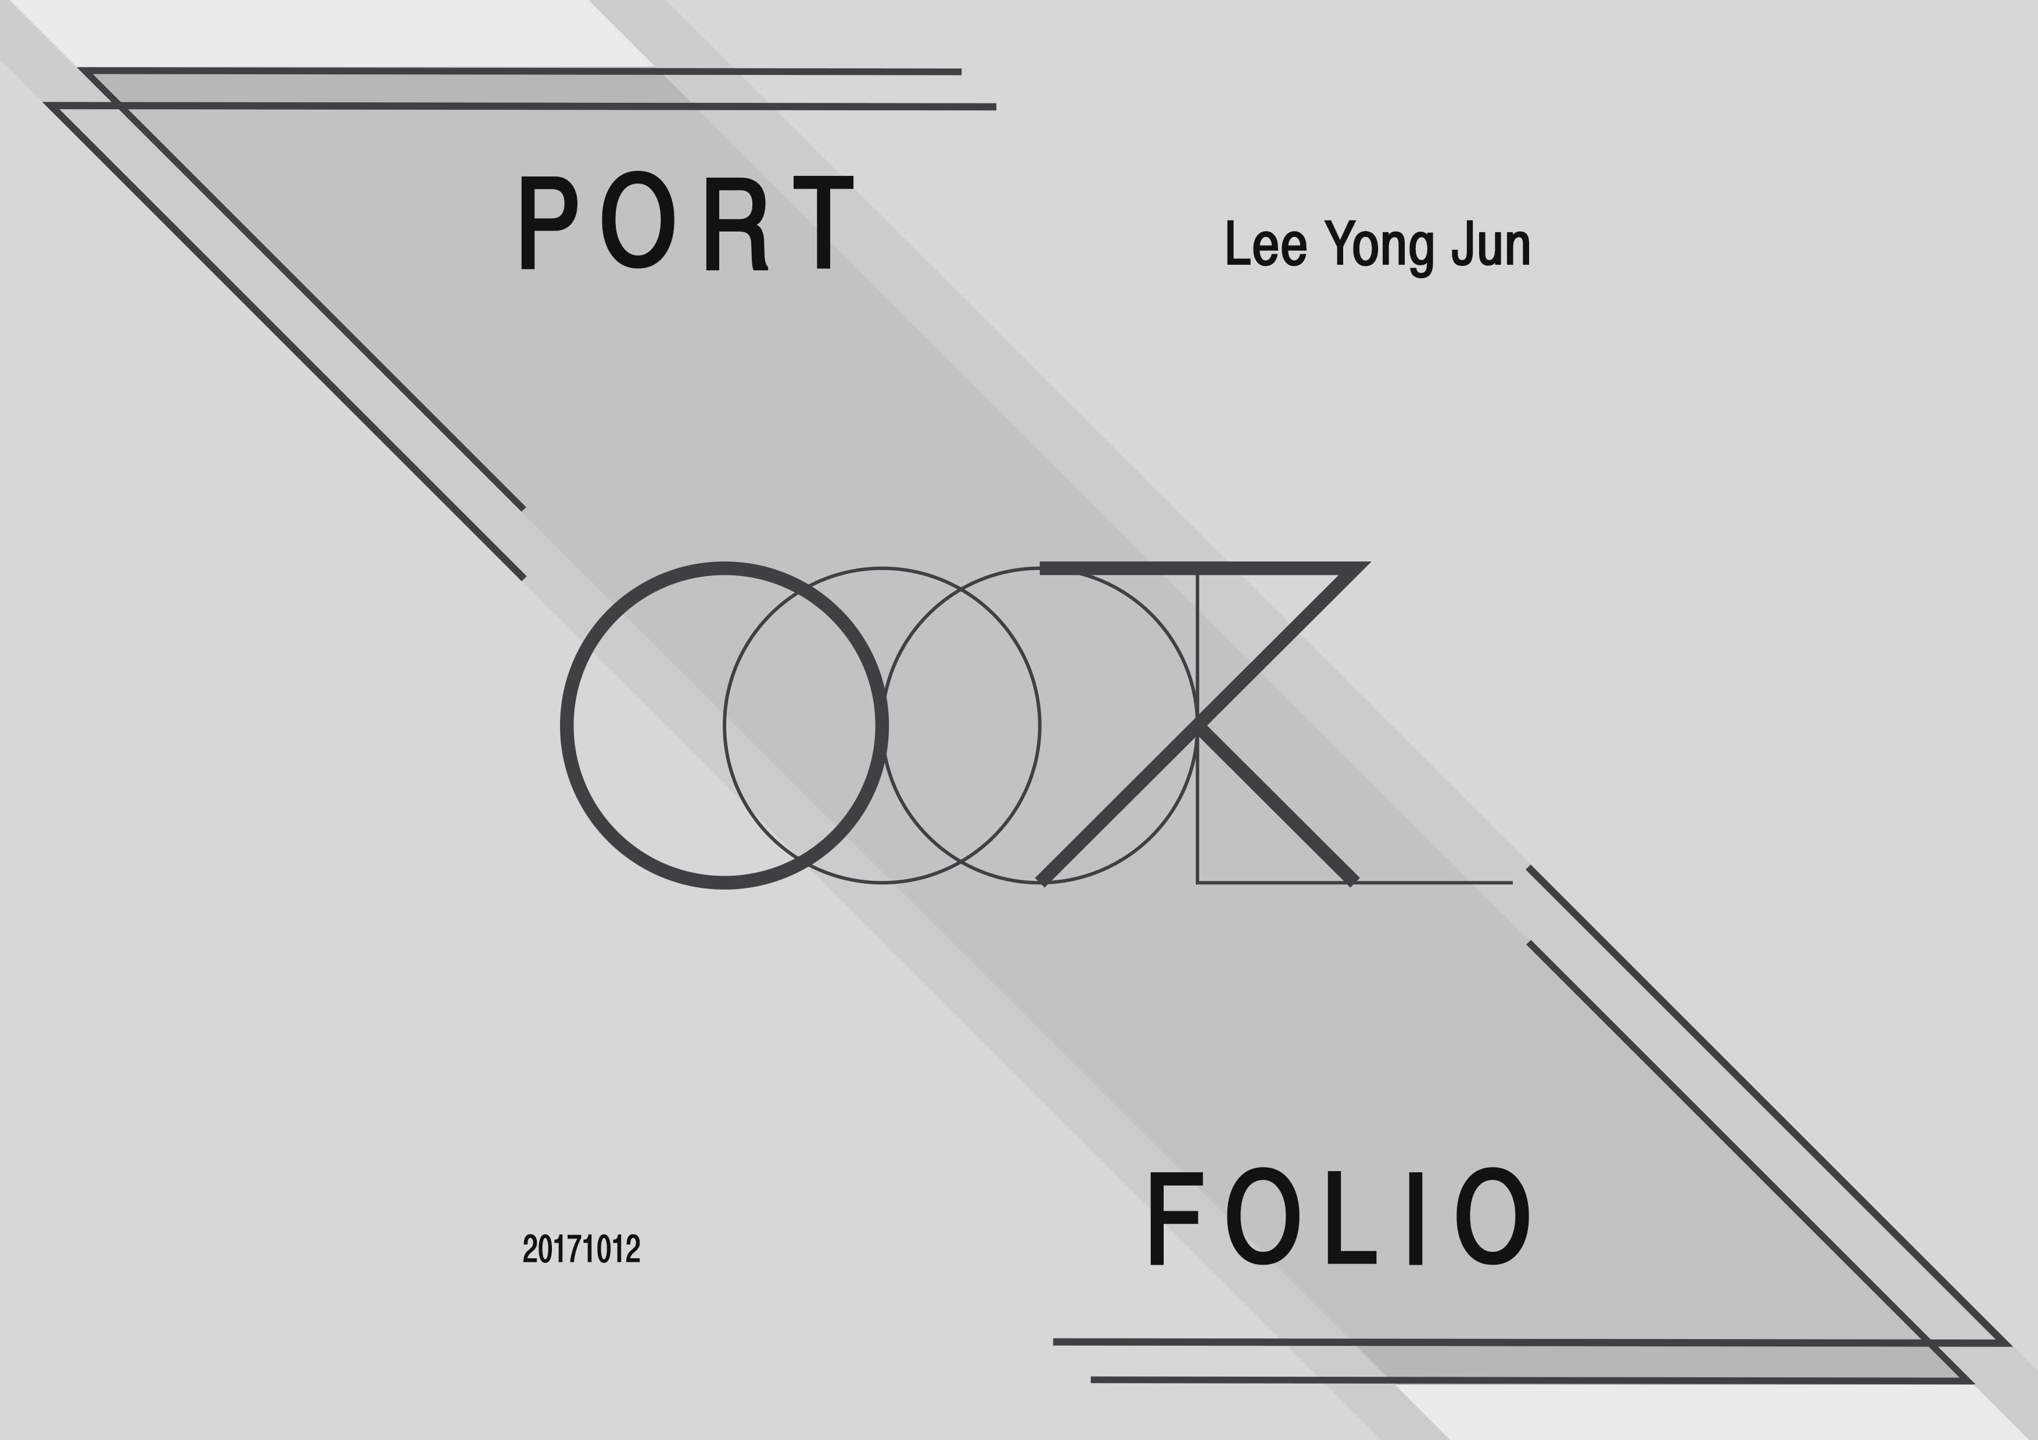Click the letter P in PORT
tap(546, 222)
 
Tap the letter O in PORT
tap(638, 220)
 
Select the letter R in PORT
tap(735, 224)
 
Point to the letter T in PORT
tap(823, 222)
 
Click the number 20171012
tap(582, 1248)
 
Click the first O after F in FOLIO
tap(1262, 1215)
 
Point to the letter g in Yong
tap(1420, 252)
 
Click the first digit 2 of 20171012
tap(530, 1248)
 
